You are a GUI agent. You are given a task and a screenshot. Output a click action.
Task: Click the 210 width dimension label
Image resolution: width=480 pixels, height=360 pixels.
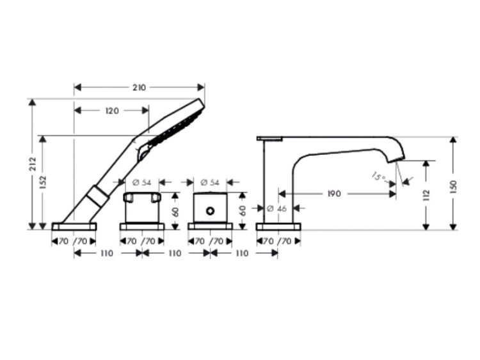coord(139,88)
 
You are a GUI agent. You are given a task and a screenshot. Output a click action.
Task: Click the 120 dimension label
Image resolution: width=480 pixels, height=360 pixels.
coord(112,111)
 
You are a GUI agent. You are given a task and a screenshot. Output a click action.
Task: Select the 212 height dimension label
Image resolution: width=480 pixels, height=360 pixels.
coord(33,164)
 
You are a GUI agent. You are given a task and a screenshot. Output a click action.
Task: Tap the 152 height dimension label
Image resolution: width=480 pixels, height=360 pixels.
coord(43,182)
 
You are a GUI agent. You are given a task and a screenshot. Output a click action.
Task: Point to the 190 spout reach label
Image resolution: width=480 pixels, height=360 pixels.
coord(334,194)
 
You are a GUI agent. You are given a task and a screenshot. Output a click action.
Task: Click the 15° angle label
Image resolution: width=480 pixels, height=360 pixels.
coord(379,176)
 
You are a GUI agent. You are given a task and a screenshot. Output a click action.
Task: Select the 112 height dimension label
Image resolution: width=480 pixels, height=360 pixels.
coord(426,196)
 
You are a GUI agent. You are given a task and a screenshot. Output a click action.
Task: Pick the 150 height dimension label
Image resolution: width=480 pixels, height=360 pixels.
coord(453,187)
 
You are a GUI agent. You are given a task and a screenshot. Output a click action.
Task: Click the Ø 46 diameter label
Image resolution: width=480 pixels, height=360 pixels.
coord(276,208)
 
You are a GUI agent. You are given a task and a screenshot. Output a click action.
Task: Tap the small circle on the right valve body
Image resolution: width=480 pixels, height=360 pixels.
coord(211,211)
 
